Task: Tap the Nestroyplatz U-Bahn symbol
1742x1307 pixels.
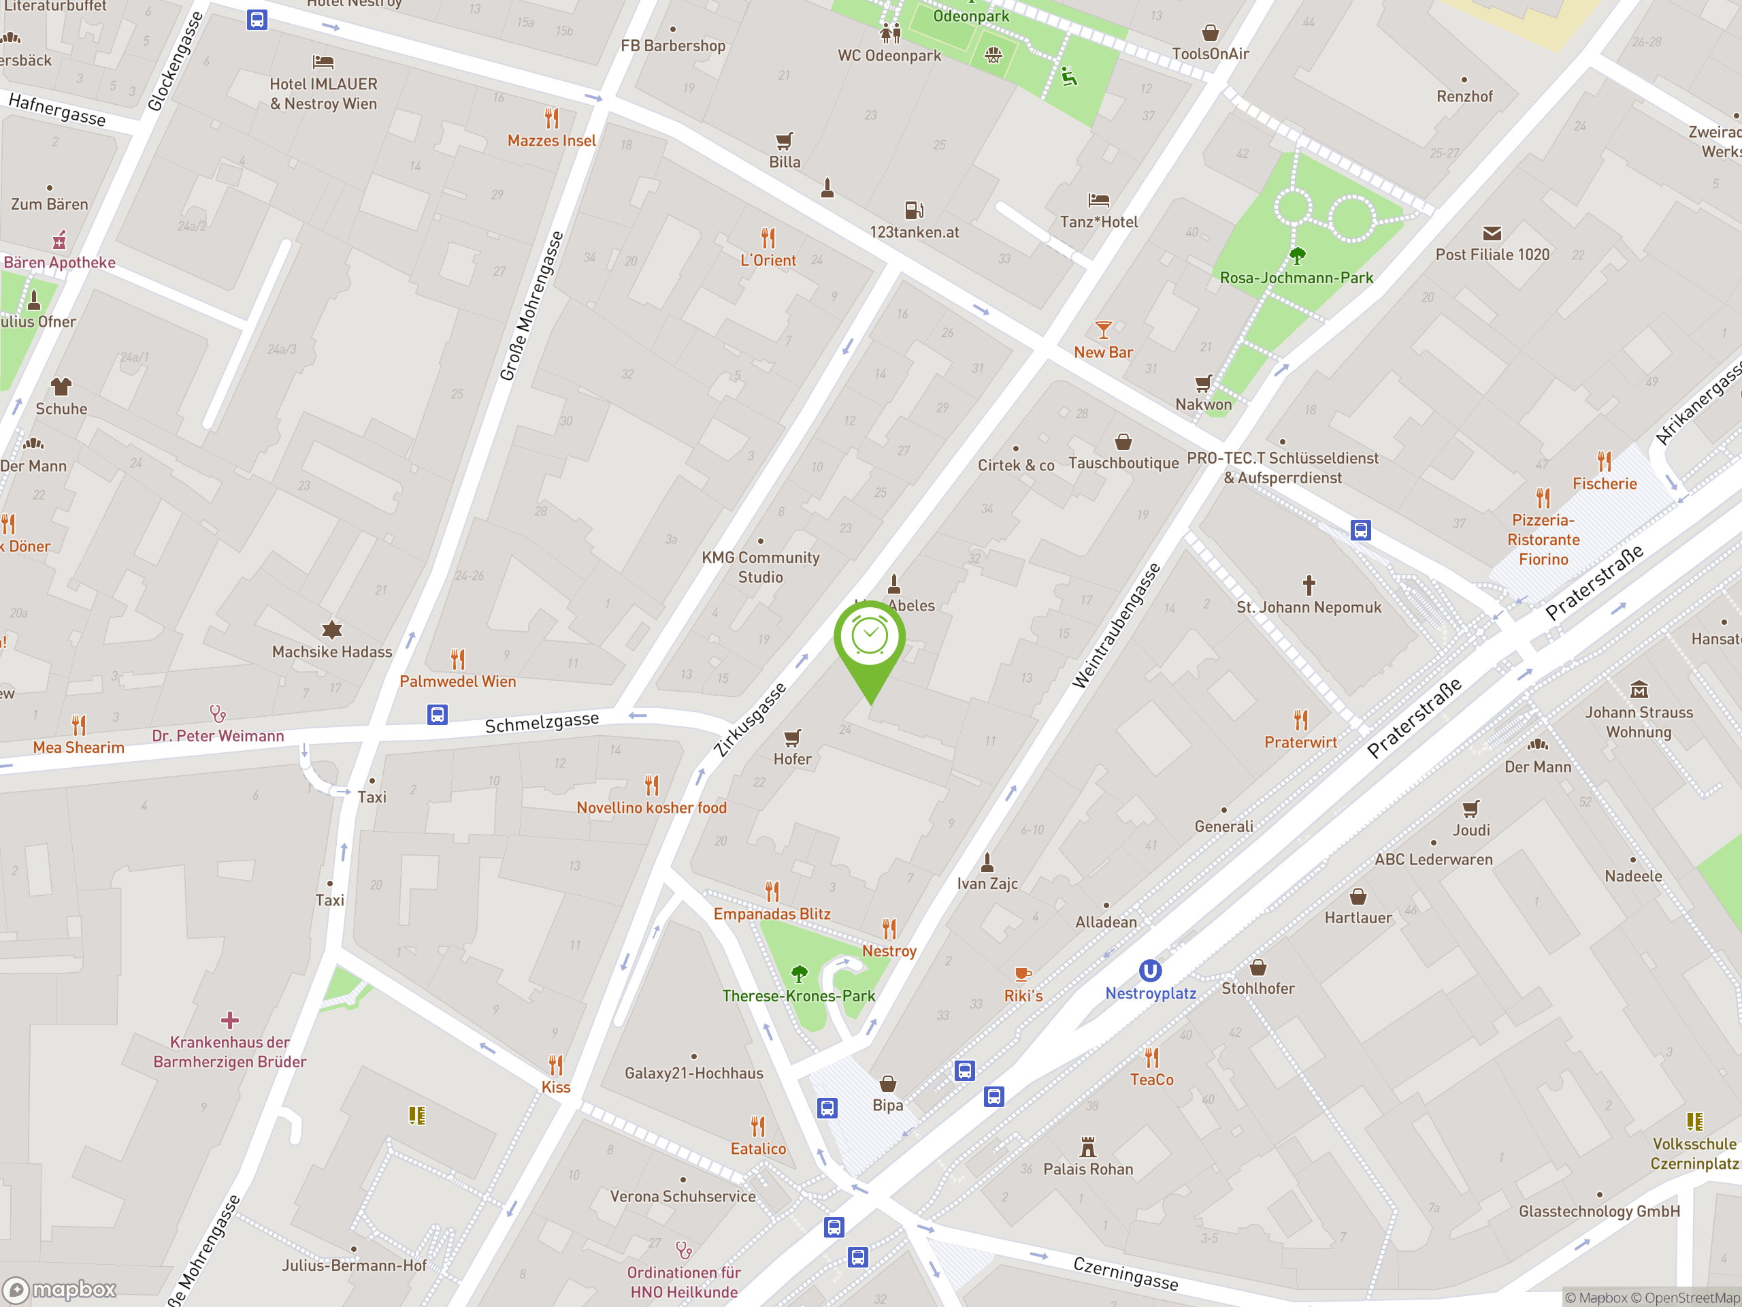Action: tap(1150, 971)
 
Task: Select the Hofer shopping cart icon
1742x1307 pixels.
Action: tap(792, 737)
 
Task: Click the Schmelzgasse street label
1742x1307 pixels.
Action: tap(542, 722)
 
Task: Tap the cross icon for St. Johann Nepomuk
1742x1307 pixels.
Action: tap(1309, 585)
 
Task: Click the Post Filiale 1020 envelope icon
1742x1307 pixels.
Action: tap(1492, 233)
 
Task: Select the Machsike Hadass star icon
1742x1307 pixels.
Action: tap(332, 630)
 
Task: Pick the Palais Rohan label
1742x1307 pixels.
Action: tap(1087, 1169)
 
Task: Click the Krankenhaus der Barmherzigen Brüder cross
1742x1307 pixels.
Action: tap(230, 1020)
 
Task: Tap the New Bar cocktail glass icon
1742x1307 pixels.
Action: tap(1103, 330)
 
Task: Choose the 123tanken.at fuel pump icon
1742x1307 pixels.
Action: tap(913, 210)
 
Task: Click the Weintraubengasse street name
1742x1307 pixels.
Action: tap(1116, 626)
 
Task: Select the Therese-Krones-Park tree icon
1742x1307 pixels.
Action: tap(800, 973)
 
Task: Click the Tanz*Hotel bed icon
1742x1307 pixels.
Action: tap(1098, 200)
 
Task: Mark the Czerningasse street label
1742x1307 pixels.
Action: tap(1125, 1273)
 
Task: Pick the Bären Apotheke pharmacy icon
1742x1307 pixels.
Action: tap(60, 240)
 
